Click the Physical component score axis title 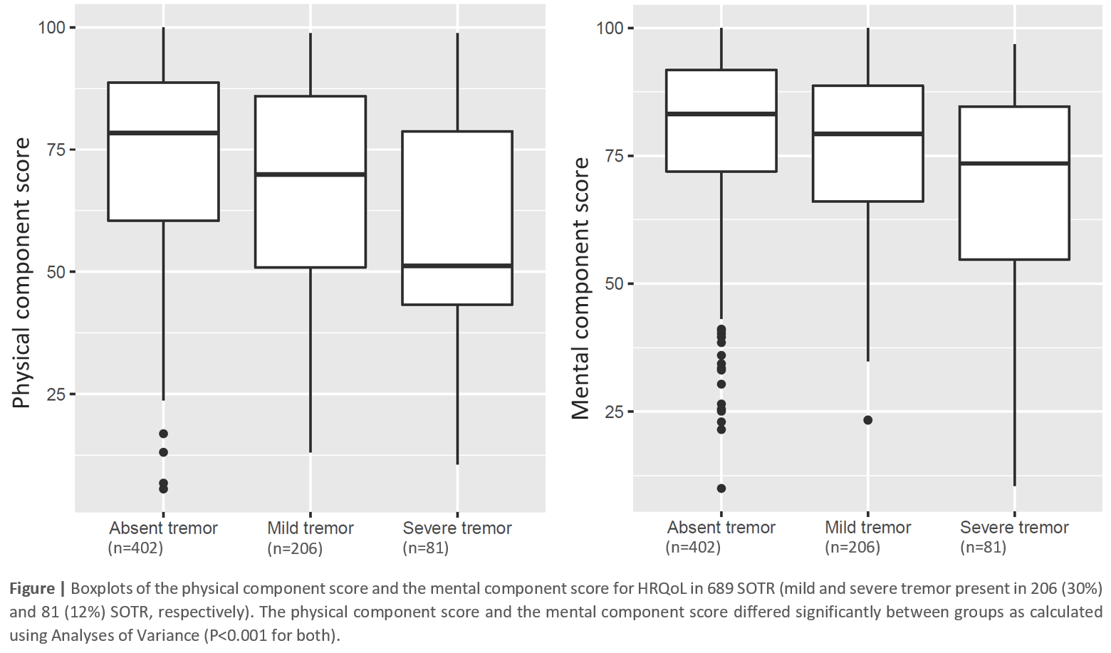click(22, 273)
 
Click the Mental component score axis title click(581, 288)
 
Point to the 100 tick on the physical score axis click(51, 28)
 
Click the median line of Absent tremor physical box click(163, 132)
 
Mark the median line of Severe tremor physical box click(457, 266)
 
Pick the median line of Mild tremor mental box click(868, 133)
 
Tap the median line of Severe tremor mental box click(1014, 163)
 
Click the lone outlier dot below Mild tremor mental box click(868, 420)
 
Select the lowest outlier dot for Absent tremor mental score click(721, 489)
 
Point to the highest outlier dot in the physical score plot click(163, 434)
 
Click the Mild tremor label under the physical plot click(310, 528)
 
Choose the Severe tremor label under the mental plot click(1014, 528)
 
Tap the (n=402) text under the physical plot click(135, 548)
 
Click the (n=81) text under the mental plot click(983, 548)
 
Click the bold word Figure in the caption click(32, 589)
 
